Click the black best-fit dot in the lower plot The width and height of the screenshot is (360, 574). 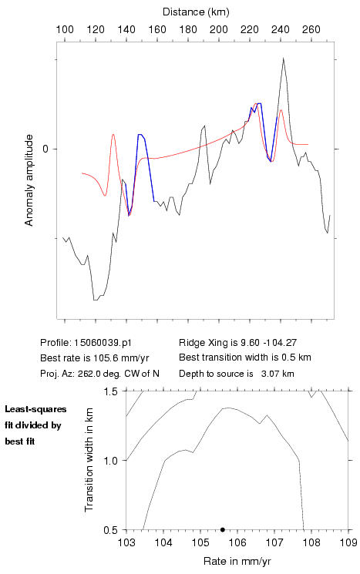(x=222, y=529)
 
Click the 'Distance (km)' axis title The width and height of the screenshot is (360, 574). (x=196, y=12)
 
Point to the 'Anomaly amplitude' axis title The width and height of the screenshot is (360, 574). (x=29, y=180)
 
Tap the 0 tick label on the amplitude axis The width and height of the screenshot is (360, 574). (x=45, y=149)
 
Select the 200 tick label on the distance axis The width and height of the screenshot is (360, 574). (x=219, y=29)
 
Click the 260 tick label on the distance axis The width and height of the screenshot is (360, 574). (x=311, y=29)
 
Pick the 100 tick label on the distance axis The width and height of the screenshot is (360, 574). (x=65, y=29)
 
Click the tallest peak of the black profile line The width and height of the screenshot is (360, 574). (x=283, y=58)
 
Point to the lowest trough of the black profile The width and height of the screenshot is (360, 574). (x=96, y=300)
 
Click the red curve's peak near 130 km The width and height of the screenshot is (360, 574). (x=113, y=134)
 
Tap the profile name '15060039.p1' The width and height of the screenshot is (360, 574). (x=103, y=343)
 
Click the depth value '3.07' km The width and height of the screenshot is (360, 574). (x=269, y=374)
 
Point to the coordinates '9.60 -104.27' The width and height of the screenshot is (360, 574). (x=268, y=343)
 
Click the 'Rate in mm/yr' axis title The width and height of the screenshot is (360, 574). (x=237, y=561)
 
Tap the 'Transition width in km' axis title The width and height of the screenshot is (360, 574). (x=89, y=460)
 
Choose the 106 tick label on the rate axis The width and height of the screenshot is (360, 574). (x=237, y=542)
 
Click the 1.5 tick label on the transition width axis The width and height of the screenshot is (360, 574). (x=110, y=391)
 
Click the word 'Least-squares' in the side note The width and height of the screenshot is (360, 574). (x=35, y=409)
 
